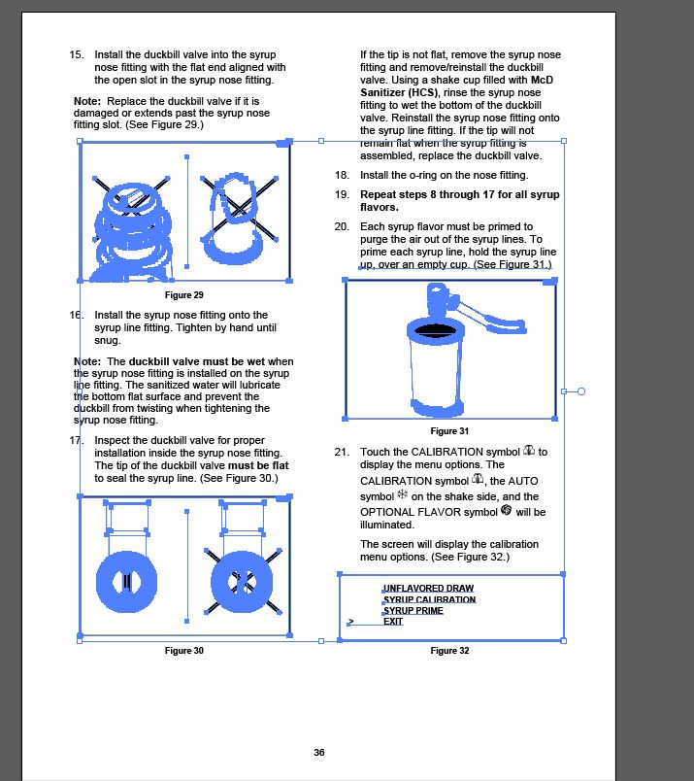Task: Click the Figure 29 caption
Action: pos(184,294)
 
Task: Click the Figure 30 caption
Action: pos(184,650)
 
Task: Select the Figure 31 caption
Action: pos(449,430)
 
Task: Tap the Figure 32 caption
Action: pos(449,650)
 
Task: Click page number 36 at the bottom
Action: pos(319,752)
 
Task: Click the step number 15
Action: pos(77,54)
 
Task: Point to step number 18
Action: pos(342,176)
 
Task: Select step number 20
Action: pos(342,226)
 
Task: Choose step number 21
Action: pos(342,453)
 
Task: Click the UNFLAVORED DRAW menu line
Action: pos(428,589)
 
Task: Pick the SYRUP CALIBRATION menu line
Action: pos(430,600)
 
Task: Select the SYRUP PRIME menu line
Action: pos(413,611)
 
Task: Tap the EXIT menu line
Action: pos(393,622)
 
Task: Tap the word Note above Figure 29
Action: pos(87,101)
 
